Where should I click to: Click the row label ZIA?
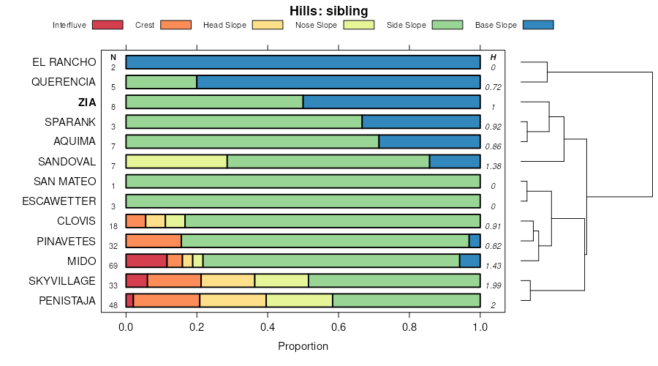pyautogui.click(x=86, y=102)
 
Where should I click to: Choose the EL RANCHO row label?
pyautogui.click(x=64, y=62)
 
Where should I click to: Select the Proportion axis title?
pyautogui.click(x=303, y=346)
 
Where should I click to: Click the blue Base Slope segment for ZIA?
pyautogui.click(x=391, y=102)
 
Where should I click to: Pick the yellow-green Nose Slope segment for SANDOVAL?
pyautogui.click(x=176, y=162)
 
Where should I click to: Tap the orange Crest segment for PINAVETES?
pyautogui.click(x=154, y=241)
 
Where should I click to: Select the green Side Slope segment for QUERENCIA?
pyautogui.click(x=161, y=82)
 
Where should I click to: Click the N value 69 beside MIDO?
pyautogui.click(x=113, y=265)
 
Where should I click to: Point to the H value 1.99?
pyautogui.click(x=494, y=285)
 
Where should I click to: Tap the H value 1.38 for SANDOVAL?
pyautogui.click(x=494, y=166)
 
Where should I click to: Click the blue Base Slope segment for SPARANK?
pyautogui.click(x=421, y=122)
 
